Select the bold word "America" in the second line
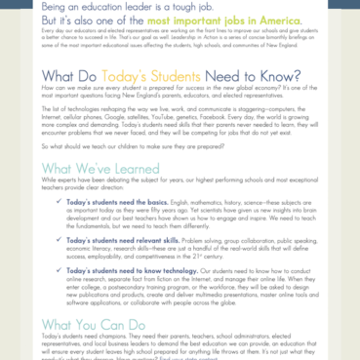tap(270, 20)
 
